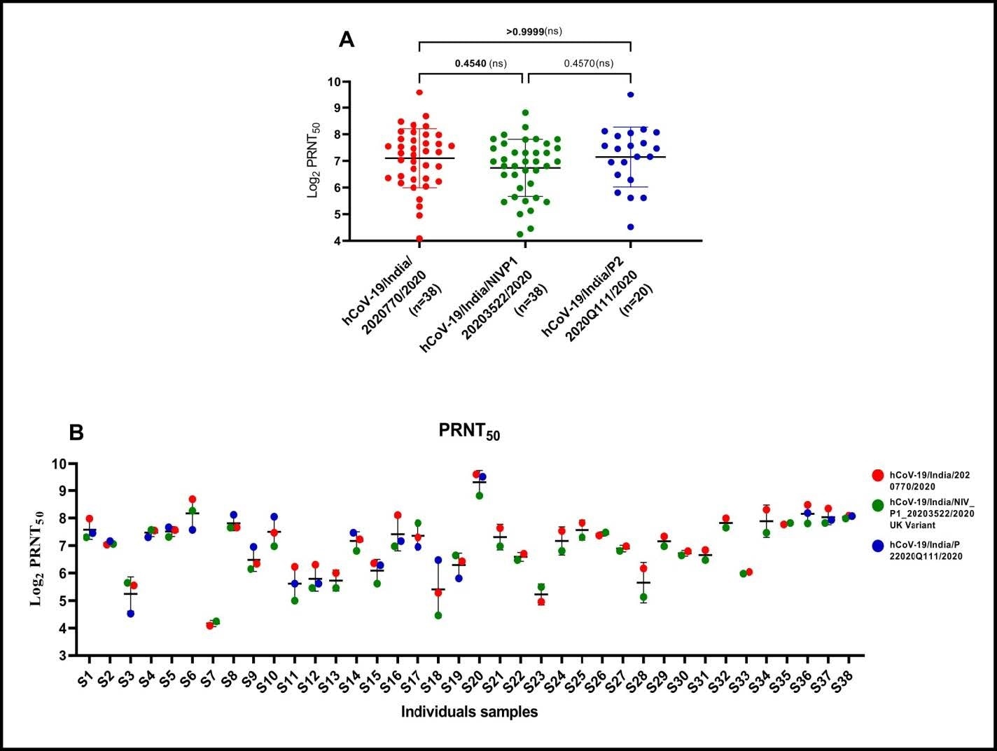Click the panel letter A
click(347, 39)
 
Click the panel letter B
click(76, 432)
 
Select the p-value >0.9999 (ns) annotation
click(534, 31)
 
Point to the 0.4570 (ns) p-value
click(588, 63)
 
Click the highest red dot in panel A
click(419, 92)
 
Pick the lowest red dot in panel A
click(419, 239)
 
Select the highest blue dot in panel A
click(630, 95)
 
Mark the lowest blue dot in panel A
click(630, 227)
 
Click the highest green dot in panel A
click(525, 113)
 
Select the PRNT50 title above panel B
click(469, 432)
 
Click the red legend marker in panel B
click(877, 476)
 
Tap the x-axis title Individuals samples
click(469, 712)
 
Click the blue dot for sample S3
click(130, 614)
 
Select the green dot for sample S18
click(438, 616)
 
